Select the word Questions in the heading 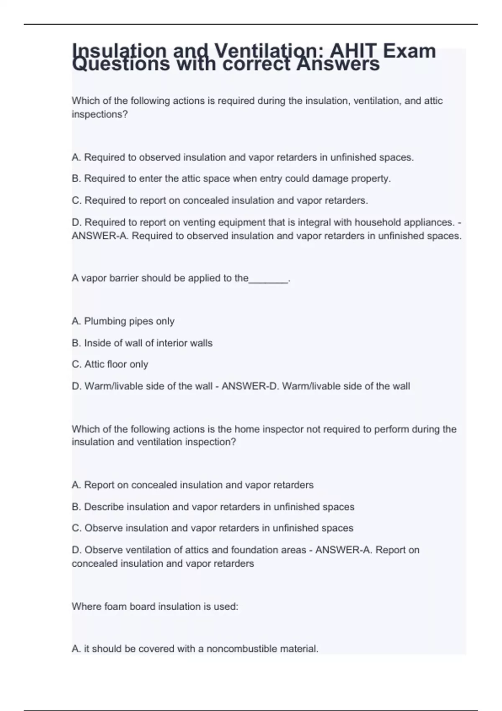(x=121, y=64)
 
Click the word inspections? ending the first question (x=100, y=114)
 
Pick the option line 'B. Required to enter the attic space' (x=231, y=179)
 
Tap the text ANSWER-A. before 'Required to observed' (x=100, y=236)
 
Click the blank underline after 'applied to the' (x=268, y=279)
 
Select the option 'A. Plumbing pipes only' (x=123, y=321)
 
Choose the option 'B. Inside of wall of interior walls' (x=142, y=343)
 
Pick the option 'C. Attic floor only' (x=110, y=364)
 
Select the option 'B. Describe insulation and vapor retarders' (x=213, y=507)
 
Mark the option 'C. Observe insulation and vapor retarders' (x=213, y=528)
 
